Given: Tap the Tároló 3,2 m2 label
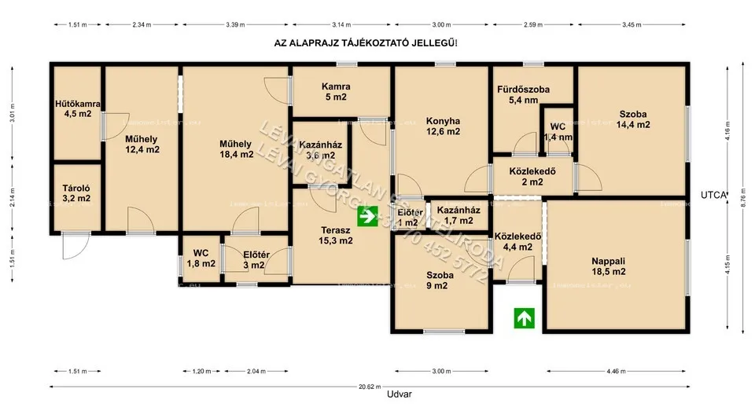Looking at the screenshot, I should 76,193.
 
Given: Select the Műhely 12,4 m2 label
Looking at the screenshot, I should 142,145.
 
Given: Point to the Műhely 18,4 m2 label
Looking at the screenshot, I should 236,149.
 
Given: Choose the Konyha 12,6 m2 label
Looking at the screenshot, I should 443,126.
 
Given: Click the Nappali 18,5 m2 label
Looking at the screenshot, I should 609,266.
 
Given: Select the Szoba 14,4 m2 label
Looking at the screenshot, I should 633,119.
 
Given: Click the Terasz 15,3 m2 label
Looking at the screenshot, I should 336,236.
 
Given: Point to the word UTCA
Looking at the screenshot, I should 713,193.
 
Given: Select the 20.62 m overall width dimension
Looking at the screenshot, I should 370,387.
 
